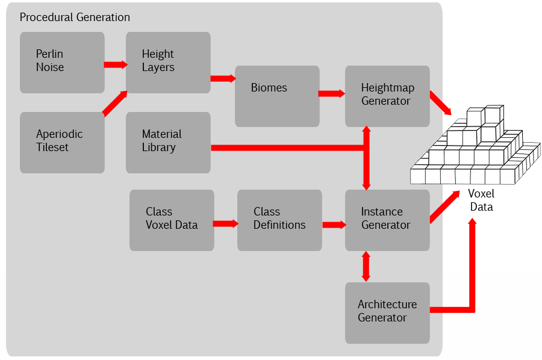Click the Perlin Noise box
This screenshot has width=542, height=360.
coord(62,63)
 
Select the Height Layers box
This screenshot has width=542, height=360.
coord(168,63)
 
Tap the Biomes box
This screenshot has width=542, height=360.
coord(277,96)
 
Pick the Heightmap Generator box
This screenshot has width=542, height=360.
coord(387,96)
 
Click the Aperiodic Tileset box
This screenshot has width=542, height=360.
coord(62,143)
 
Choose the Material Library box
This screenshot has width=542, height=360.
coord(168,143)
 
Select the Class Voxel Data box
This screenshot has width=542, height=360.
coord(172,220)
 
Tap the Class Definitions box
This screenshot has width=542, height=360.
coord(279,220)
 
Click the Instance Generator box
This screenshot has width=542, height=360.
coord(387,220)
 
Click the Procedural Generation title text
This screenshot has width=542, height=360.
coord(75,17)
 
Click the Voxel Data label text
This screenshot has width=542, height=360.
coord(481,200)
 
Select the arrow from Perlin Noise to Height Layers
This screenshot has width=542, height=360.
coord(115,64)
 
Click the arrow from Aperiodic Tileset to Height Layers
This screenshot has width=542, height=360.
coord(114,103)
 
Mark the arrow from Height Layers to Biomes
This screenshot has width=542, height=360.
coord(222,78)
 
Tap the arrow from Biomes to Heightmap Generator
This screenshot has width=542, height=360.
coord(331,93)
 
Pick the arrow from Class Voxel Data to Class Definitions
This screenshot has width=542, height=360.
coord(225,223)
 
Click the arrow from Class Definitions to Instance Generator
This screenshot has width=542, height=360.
coord(333,225)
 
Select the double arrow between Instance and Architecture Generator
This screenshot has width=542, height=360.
coord(366,266)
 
